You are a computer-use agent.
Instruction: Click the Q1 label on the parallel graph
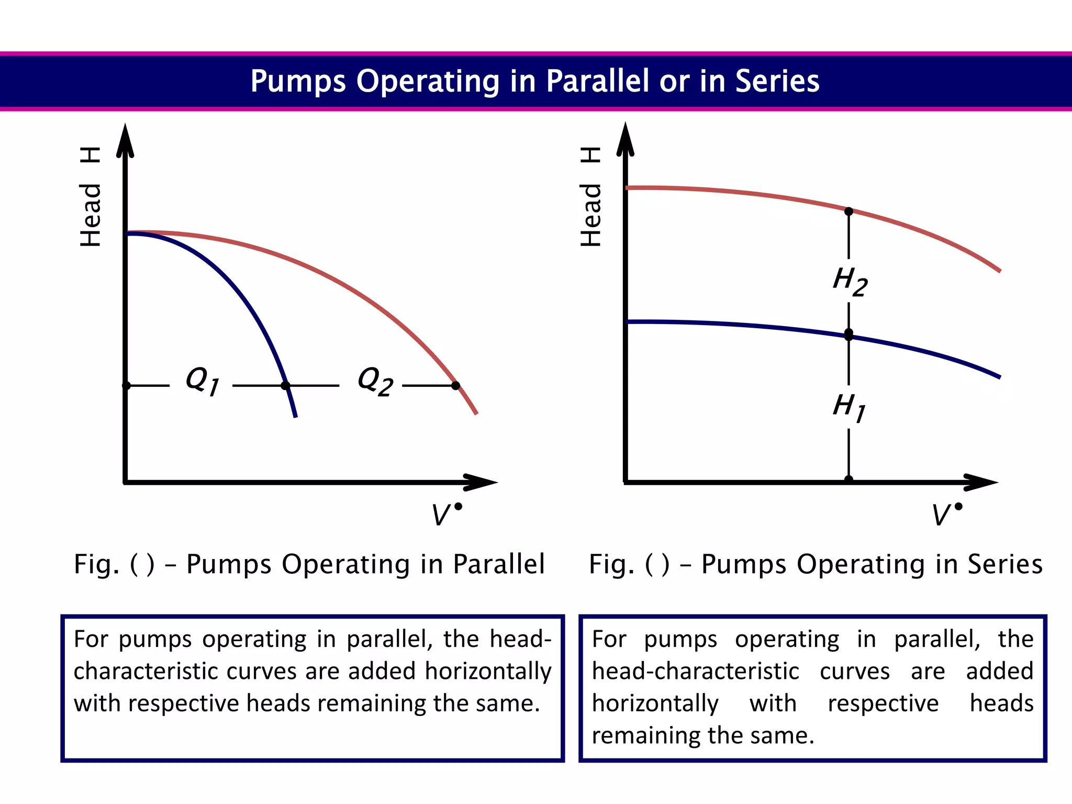[203, 381]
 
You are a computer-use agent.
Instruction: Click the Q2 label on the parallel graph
[375, 381]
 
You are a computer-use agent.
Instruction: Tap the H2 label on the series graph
[850, 281]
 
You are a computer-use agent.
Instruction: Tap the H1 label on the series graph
[849, 407]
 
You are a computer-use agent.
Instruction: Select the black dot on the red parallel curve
[456, 386]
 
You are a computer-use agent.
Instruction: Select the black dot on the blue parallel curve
[285, 386]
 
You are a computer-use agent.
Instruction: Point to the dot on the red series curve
[849, 211]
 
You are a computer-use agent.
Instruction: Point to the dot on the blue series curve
[849, 334]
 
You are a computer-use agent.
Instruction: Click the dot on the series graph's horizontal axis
[849, 479]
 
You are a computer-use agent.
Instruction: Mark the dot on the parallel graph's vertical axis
[126, 386]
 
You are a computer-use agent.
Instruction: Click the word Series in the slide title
[777, 81]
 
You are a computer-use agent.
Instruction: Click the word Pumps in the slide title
[298, 81]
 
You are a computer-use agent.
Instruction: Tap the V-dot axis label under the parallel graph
[446, 514]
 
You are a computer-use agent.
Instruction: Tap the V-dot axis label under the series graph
[946, 514]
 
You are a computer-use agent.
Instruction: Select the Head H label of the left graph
[91, 197]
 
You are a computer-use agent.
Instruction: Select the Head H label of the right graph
[591, 197]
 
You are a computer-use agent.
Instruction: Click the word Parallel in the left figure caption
[499, 564]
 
